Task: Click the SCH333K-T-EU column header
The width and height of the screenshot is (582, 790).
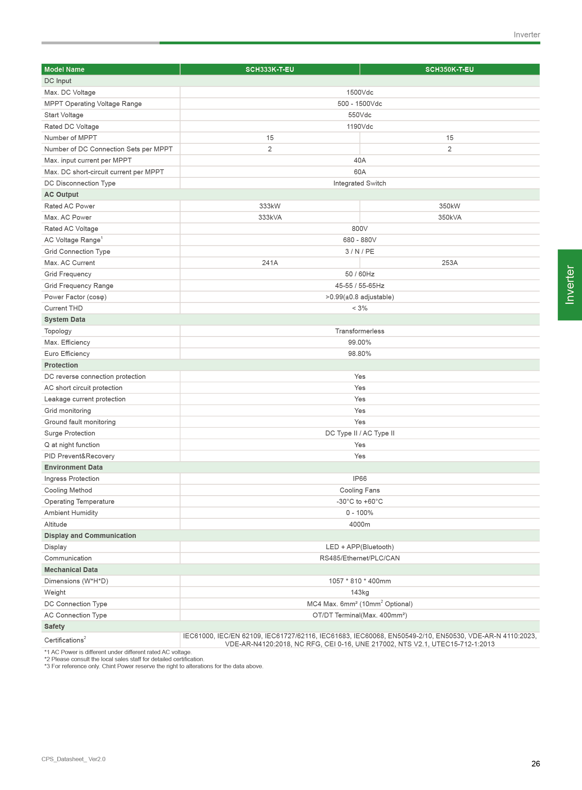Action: pos(270,69)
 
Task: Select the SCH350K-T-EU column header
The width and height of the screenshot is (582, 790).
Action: pos(449,69)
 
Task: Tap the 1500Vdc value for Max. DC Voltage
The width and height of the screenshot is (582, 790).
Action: pos(359,92)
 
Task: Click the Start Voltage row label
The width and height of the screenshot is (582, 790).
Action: pos(64,115)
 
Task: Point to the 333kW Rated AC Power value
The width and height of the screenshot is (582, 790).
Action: pos(270,206)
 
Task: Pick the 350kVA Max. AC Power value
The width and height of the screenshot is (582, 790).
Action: pos(449,217)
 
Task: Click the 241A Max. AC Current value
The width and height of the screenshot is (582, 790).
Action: pos(270,263)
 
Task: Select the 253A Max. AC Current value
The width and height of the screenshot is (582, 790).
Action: pos(449,263)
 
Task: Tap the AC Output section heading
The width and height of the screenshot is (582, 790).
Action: pos(61,195)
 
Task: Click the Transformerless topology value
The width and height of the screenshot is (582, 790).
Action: pos(359,331)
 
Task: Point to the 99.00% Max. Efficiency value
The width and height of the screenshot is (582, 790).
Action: pos(359,342)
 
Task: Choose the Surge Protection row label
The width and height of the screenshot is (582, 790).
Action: pos(69,433)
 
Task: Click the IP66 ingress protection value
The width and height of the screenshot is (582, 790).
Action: pos(359,478)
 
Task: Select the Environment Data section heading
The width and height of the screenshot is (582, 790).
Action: pos(73,467)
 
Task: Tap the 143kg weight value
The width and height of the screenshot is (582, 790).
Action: pos(359,592)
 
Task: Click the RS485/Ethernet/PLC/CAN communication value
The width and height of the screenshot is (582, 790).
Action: pos(359,558)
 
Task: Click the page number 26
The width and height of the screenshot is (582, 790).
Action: pos(535,764)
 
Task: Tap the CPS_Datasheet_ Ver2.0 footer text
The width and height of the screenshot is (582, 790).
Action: pos(73,759)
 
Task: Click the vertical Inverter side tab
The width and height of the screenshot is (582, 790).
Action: pos(569,284)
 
